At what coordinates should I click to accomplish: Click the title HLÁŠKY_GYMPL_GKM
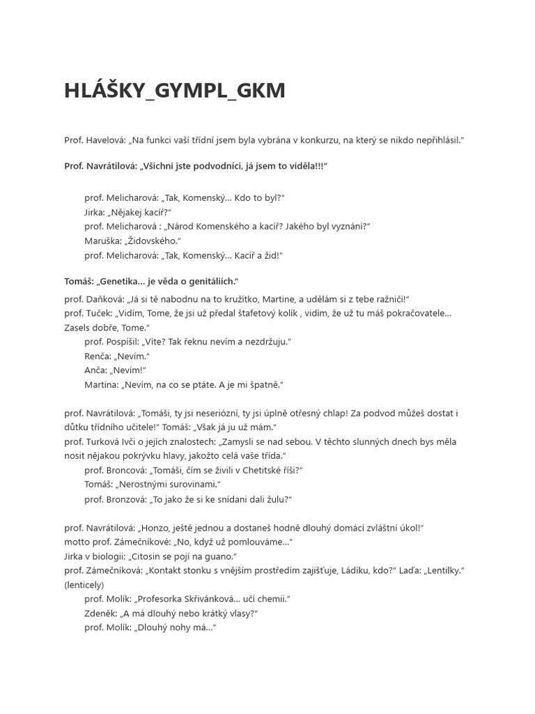click(x=175, y=91)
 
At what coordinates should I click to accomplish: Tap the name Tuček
click(x=98, y=313)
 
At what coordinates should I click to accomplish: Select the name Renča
click(x=98, y=356)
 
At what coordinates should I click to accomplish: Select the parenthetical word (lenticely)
click(x=84, y=584)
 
